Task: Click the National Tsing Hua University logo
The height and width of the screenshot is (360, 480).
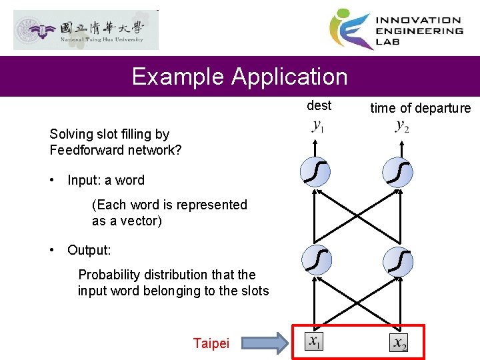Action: point(86,31)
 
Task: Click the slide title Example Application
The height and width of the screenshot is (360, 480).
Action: point(239,77)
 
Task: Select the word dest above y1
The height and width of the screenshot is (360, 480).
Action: point(319,105)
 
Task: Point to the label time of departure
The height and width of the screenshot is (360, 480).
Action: point(420,109)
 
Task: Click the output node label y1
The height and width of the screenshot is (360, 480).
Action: point(319,127)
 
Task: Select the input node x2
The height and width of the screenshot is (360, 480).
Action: point(399,343)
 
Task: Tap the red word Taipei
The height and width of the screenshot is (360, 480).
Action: point(211,343)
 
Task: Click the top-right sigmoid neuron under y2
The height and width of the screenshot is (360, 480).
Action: point(399,173)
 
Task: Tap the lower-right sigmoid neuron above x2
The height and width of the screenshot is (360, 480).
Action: point(399,259)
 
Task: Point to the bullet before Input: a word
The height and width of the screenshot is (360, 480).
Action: point(53,180)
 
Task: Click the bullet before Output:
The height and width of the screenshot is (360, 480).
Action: point(53,250)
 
